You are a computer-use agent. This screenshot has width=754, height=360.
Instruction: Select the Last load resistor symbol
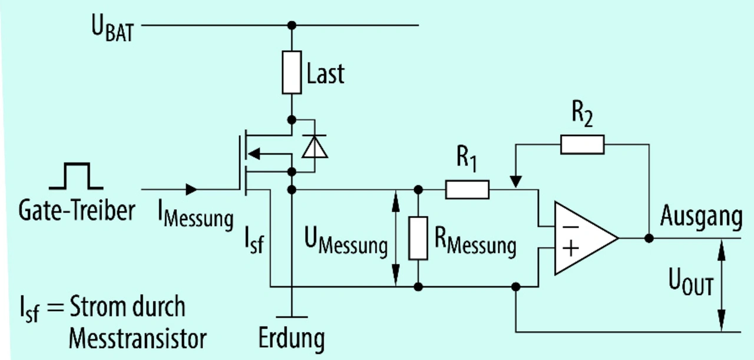[x=292, y=72]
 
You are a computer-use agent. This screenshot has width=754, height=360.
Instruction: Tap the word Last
[x=326, y=73]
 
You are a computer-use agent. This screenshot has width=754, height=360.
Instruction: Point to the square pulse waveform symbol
[x=77, y=176]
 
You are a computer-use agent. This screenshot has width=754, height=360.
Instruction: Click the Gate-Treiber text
[x=77, y=210]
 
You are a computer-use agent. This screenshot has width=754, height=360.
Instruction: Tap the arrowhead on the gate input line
[x=191, y=190]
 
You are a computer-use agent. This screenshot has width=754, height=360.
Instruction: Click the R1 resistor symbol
[x=467, y=190]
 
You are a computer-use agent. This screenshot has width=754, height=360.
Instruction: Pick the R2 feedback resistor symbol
[x=582, y=144]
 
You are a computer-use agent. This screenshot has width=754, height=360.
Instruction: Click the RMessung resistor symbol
[x=418, y=238]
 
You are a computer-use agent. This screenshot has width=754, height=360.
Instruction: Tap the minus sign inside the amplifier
[x=570, y=226]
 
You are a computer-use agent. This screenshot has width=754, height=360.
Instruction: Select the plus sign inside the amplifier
[x=570, y=249]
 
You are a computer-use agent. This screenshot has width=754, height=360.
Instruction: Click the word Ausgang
[x=700, y=217]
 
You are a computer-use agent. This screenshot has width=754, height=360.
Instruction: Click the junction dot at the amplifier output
[x=649, y=239]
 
